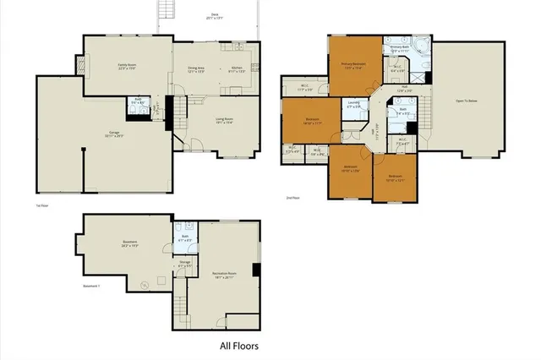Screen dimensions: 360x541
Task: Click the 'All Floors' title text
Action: tap(239, 346)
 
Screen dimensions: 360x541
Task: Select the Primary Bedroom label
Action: tap(352, 65)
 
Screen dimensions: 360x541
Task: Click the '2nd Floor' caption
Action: tap(292, 199)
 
